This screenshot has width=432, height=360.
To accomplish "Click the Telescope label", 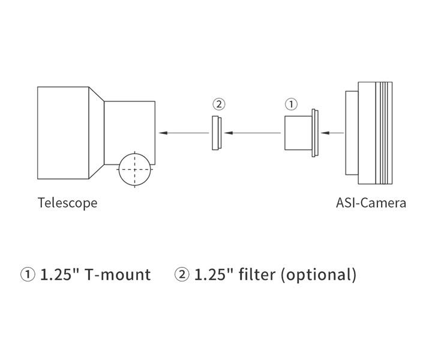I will (67, 203).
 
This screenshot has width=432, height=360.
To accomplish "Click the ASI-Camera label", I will (371, 203).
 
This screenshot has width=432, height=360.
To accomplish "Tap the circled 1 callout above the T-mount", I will (291, 104).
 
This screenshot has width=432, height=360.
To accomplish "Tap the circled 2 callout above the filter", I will (219, 104).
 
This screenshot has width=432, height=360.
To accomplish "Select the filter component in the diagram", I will (217, 133).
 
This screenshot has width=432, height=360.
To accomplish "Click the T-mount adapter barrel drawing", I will (297, 133).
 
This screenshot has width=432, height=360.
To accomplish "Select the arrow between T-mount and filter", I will (251, 133).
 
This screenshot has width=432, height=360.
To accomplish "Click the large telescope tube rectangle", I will (63, 133).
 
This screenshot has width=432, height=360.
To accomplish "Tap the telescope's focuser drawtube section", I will (129, 129).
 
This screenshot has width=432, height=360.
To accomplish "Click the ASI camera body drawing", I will (375, 133).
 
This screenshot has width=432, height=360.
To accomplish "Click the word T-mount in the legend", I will (118, 275).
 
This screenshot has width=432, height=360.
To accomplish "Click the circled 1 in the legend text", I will (28, 275).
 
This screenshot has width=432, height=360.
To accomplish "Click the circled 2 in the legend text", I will (182, 275).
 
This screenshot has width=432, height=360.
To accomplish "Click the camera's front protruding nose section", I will (352, 133).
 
